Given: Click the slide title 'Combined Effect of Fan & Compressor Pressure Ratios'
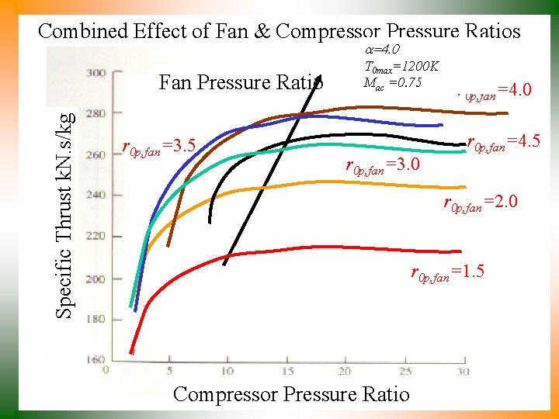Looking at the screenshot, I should [279, 31].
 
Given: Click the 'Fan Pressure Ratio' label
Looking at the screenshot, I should [241, 81].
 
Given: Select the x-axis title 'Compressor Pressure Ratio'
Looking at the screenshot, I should [291, 394].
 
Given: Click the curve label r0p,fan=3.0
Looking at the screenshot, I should [383, 166].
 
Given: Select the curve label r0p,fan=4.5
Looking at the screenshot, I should [503, 143].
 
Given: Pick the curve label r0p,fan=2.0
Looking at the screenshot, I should [480, 203].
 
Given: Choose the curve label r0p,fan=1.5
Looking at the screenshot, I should [448, 273].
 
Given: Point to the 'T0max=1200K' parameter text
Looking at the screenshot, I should [401, 67].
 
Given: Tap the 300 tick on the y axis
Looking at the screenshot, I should [95, 74].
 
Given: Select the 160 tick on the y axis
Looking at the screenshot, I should [95, 360].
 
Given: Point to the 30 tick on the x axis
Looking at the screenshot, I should [464, 372].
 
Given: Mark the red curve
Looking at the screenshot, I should [311, 248].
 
